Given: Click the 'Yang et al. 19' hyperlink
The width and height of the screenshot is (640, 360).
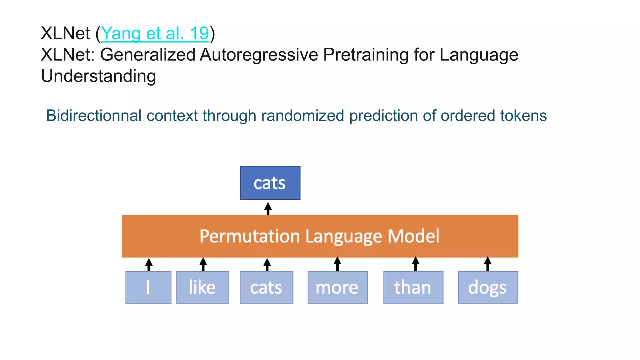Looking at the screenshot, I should (x=155, y=33).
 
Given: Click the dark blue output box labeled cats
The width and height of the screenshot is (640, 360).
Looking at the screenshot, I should (x=270, y=183).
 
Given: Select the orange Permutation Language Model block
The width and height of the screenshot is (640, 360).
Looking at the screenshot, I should (x=320, y=236).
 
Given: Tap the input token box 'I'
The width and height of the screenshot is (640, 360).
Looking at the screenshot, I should (x=148, y=287).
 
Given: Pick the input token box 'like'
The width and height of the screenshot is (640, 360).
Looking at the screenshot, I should (x=202, y=287).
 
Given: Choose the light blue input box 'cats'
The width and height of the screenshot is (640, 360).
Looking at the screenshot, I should (x=267, y=287).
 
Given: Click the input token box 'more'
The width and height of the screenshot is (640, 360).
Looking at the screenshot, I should (x=337, y=287).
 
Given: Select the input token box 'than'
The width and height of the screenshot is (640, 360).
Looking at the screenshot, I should (x=413, y=287).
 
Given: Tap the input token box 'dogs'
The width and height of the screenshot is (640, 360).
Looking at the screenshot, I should (x=488, y=287).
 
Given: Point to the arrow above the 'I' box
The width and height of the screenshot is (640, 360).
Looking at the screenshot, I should (x=149, y=264).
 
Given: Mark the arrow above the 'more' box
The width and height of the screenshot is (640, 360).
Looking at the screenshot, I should (x=337, y=264).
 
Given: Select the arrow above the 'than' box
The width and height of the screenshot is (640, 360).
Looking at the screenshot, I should (x=415, y=264).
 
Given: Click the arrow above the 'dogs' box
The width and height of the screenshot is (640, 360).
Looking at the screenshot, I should (x=487, y=264).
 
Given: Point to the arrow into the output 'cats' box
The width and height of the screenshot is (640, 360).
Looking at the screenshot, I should (x=268, y=208).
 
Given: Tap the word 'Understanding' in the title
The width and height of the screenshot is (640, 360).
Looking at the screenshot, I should (x=98, y=76).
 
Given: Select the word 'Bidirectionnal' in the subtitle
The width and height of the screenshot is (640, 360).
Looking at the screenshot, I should (x=94, y=116).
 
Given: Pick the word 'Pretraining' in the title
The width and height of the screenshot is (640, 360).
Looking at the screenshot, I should (x=366, y=55).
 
